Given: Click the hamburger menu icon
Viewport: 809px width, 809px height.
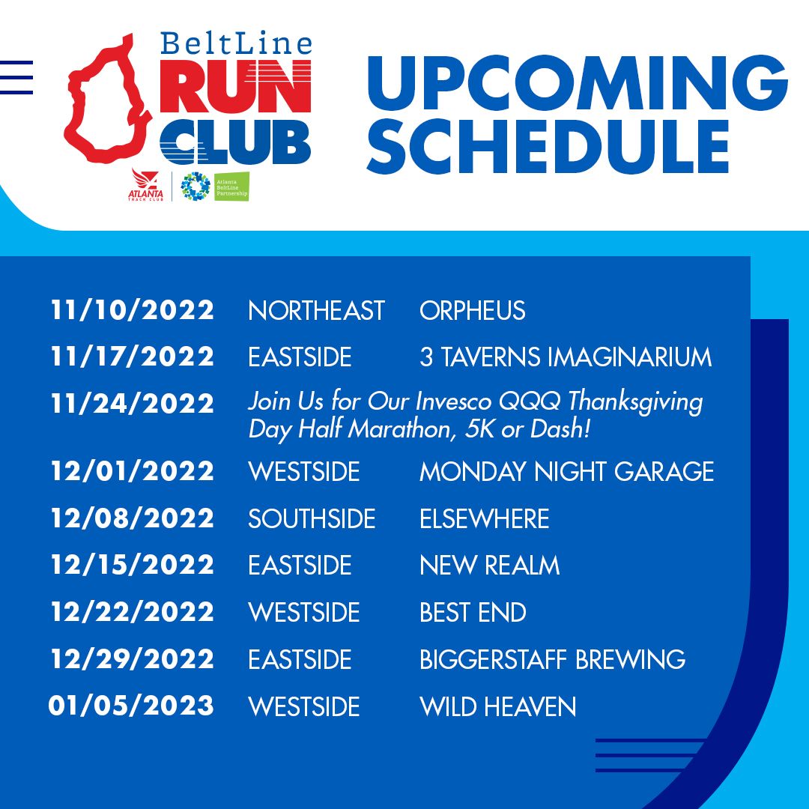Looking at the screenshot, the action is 16,77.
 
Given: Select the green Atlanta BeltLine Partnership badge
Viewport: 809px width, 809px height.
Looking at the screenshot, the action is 231,187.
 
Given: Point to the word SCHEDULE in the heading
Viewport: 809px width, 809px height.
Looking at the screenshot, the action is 548,146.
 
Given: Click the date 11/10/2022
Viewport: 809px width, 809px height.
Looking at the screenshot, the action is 132,311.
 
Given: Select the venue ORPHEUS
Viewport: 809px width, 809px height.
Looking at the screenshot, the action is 473,311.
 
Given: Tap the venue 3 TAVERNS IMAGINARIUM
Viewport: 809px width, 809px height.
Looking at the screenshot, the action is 566,357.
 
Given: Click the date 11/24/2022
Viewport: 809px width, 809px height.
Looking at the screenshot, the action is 132,404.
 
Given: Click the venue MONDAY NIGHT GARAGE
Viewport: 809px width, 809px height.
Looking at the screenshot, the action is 567,472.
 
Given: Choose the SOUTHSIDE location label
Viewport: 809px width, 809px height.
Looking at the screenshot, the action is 312,518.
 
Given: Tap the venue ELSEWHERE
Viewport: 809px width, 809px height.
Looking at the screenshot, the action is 485,518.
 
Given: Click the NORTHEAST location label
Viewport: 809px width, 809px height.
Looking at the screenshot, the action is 316,311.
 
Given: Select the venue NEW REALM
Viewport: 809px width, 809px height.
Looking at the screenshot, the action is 490,565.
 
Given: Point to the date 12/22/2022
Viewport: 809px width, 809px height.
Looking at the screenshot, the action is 132,613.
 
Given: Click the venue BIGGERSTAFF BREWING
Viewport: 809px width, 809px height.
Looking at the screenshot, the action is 553,659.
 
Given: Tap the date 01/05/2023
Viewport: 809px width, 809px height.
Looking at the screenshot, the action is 131,706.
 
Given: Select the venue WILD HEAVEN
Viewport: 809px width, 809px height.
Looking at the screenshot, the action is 498,706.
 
